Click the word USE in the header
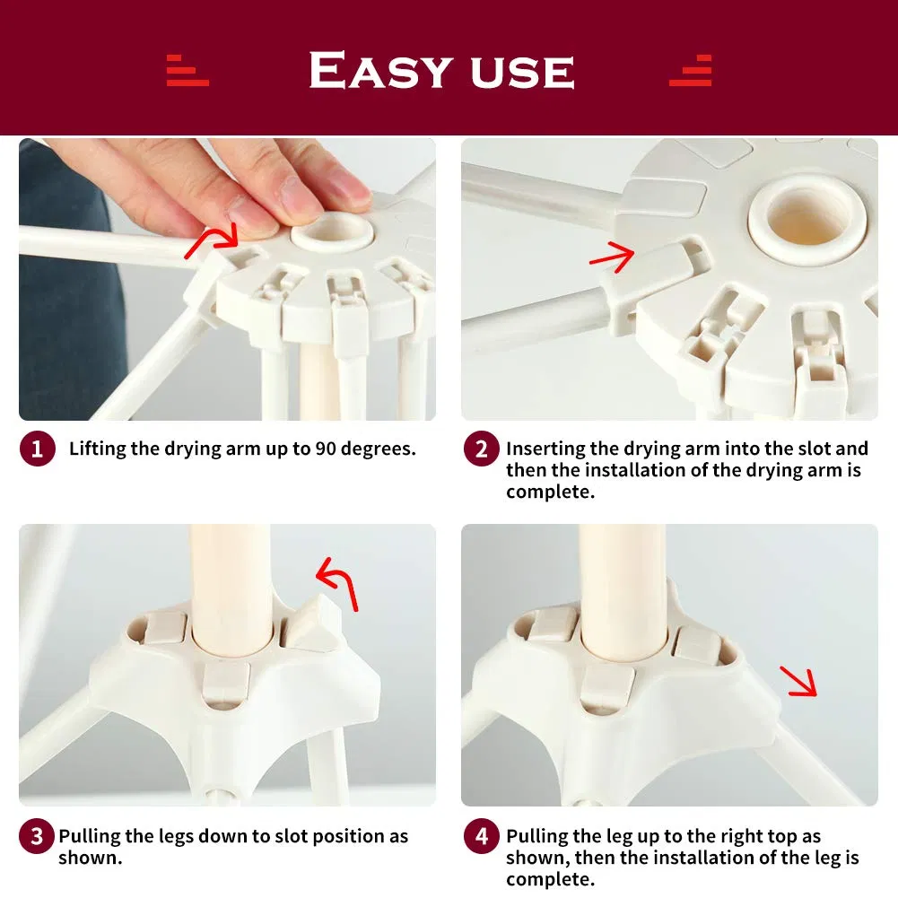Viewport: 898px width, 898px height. tap(519, 72)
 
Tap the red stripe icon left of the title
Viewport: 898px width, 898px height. tap(187, 71)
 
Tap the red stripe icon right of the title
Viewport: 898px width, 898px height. tap(691, 71)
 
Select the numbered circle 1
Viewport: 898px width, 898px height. tap(37, 449)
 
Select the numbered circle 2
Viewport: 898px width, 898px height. tap(481, 449)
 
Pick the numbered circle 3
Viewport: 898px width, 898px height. tap(37, 837)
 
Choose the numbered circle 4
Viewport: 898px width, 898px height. tap(481, 837)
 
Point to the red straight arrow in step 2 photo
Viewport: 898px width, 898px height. tap(612, 257)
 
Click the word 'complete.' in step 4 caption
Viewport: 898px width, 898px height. tap(550, 879)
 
